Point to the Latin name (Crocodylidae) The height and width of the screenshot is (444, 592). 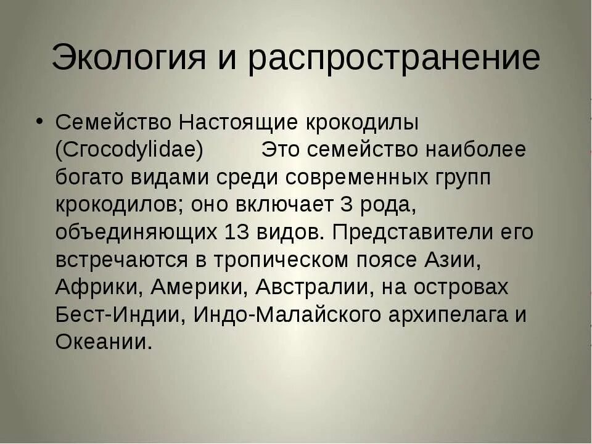click(129, 150)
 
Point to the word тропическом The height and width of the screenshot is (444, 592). click(281, 260)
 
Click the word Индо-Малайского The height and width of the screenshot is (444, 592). click(288, 314)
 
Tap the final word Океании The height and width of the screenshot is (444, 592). click(103, 342)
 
